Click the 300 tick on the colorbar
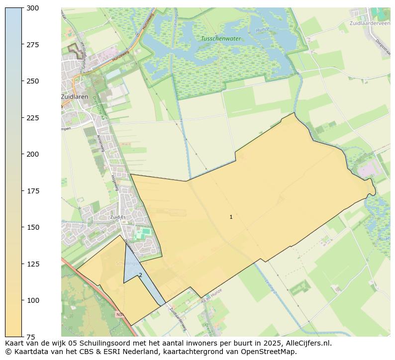coord(33,8)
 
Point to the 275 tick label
coord(33,45)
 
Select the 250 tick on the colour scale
coord(33,81)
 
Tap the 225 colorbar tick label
coord(33,118)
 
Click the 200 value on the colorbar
coord(33,154)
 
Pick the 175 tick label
coord(33,191)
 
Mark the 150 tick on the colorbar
coord(33,227)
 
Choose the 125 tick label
coord(33,264)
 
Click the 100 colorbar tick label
coord(33,300)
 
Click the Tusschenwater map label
coord(221,39)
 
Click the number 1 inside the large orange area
coord(231,217)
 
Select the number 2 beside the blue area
coord(140,275)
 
